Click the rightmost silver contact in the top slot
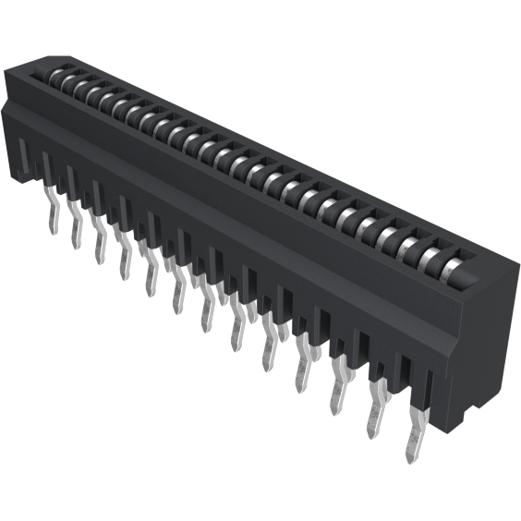pos(455,268)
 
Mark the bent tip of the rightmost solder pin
pos(411,453)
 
